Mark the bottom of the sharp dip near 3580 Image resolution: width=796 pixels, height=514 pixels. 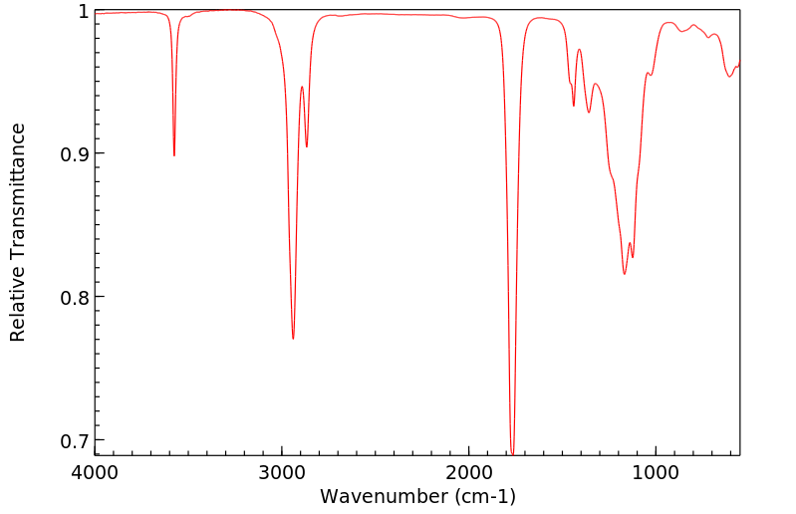174,155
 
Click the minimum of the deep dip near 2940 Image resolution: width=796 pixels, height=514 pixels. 293,339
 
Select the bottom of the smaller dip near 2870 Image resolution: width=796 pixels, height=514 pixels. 307,147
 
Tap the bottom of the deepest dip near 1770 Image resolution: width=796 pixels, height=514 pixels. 512,453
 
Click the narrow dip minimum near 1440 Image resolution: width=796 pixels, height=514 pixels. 574,106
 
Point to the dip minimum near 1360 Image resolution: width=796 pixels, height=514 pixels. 589,113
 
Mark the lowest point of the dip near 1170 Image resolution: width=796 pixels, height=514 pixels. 625,274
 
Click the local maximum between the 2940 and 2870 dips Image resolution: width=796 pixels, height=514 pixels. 302,87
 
